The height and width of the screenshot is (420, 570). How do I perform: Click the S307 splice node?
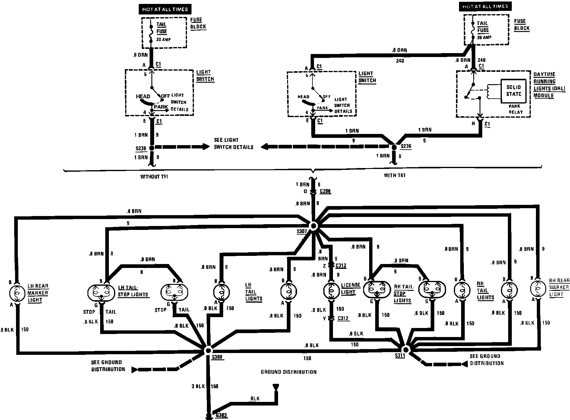point(313,226)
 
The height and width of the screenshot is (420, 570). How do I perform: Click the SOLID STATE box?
point(513,91)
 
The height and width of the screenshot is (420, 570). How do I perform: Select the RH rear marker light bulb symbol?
point(538,289)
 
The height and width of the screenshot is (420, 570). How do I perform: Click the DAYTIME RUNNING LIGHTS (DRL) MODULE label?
point(549,85)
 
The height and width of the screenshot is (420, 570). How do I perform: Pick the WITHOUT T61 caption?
point(154,177)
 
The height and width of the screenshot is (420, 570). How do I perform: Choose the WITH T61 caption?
point(394,175)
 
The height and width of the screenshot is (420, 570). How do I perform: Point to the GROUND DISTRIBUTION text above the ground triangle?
point(289,372)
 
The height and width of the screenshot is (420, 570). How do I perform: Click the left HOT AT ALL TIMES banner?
point(165,9)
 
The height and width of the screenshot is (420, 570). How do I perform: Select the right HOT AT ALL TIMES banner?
point(485,6)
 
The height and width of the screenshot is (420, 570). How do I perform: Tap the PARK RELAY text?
point(514,109)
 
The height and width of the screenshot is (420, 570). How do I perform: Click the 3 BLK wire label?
point(198,386)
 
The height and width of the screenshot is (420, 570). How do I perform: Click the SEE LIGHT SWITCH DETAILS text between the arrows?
point(233,144)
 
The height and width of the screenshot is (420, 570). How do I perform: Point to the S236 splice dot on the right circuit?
point(394,147)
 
